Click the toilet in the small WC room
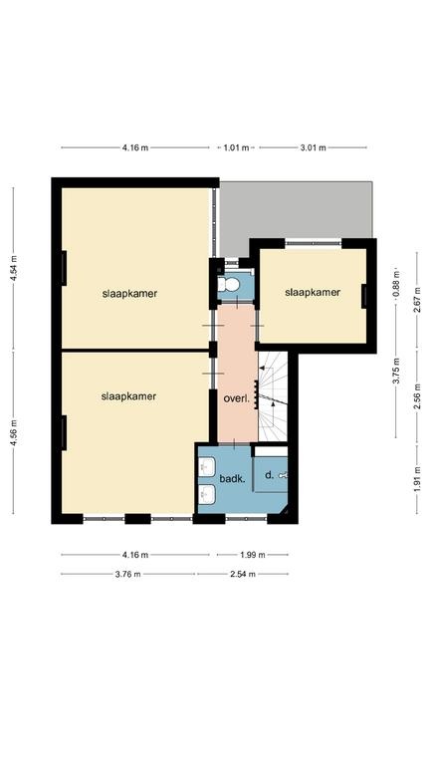(229, 284)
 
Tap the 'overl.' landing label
(237, 398)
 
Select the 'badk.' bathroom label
(232, 479)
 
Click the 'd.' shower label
(269, 474)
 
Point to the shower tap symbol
(284, 475)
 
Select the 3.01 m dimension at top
(313, 147)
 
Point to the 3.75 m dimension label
(396, 371)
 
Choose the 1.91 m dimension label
(417, 479)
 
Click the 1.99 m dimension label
(253, 555)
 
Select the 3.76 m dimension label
(127, 574)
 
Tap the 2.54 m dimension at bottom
(243, 574)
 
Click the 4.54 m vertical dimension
(14, 268)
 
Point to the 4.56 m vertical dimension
(14, 432)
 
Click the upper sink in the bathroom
(207, 466)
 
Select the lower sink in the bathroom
(207, 495)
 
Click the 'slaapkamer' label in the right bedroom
(313, 292)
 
